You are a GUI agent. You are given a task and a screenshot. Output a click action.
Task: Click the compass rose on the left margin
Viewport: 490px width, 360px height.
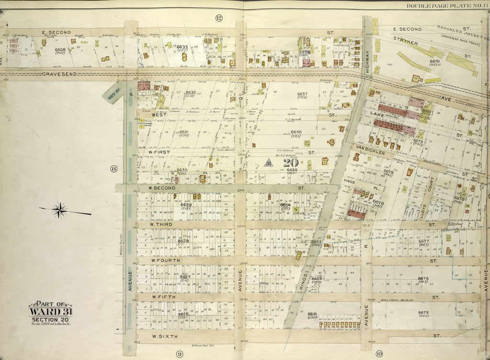coord(59,210)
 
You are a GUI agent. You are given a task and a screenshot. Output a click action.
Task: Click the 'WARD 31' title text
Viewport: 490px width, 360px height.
coord(51,312)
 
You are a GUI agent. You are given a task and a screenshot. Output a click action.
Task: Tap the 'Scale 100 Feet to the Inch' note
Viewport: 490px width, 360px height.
coord(51,325)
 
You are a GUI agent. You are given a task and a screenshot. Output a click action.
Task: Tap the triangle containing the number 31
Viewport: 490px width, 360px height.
coord(268,163)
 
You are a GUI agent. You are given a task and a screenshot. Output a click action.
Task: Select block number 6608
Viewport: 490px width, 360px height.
coord(60,49)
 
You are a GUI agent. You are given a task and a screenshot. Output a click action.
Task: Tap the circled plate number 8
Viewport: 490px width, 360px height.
coord(113,168)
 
